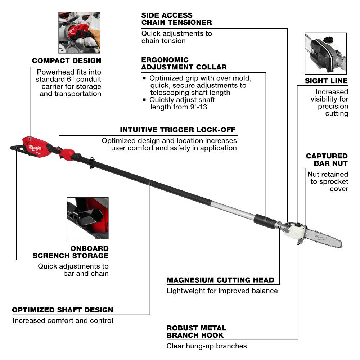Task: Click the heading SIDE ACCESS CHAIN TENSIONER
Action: point(176,19)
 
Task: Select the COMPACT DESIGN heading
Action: point(67,61)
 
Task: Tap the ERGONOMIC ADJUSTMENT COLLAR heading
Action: point(184,63)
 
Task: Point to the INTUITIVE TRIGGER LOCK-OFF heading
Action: point(178,130)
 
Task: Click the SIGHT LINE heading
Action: point(326,81)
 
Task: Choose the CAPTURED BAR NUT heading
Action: point(327,159)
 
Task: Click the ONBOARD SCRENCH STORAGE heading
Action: point(71,252)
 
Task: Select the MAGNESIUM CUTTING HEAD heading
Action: point(220,280)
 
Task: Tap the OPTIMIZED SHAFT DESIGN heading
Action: point(63,310)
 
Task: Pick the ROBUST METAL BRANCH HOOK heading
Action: point(196,332)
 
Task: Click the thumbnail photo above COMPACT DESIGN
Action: point(79,32)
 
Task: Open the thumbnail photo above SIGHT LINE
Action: point(325,54)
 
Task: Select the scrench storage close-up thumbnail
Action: point(87,218)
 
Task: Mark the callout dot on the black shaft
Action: point(150,184)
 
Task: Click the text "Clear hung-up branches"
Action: point(207,346)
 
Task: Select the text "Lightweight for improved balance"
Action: point(222,291)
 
